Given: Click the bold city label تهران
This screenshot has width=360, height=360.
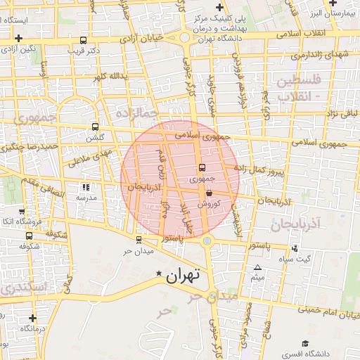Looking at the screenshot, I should (x=183, y=276).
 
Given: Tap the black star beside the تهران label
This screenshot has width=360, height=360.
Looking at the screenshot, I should (x=159, y=273).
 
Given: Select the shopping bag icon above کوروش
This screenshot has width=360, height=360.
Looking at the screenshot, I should (x=209, y=193).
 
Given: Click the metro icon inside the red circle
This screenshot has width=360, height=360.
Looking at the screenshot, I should (x=202, y=168).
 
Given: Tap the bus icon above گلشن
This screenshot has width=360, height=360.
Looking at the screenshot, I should (x=95, y=127).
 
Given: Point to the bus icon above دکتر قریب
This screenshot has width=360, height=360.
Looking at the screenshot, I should (x=84, y=40).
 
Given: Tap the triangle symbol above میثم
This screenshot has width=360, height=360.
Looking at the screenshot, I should (x=257, y=268).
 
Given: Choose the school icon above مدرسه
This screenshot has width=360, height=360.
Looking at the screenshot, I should (x=86, y=188).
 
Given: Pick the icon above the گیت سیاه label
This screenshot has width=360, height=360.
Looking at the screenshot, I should (x=294, y=247).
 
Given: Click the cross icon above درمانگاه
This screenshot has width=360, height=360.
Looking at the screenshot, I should (x=32, y=317).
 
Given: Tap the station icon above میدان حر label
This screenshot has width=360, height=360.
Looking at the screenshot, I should (x=137, y=240).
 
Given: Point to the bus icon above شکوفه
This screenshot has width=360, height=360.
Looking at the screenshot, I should (x=29, y=236).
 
